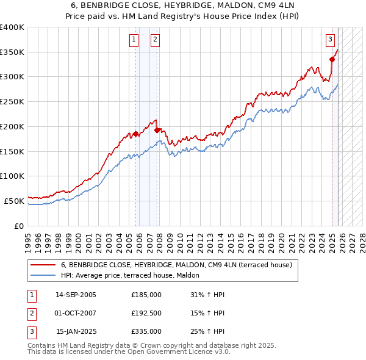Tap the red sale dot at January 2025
[332, 59]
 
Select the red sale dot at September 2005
[135, 134]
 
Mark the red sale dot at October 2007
[157, 130]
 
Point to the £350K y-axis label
[12, 52]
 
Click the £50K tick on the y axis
[14, 201]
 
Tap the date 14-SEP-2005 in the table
[76, 295]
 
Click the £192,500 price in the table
[146, 313]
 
